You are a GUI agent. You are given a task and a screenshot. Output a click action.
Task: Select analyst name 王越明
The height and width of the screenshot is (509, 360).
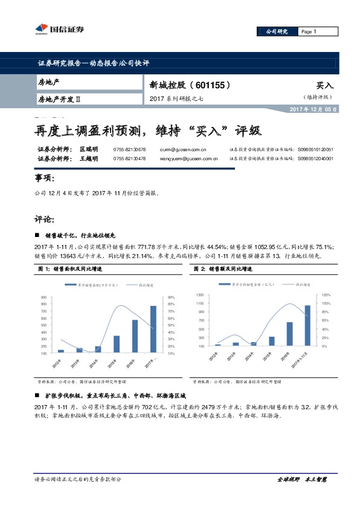point(89,158)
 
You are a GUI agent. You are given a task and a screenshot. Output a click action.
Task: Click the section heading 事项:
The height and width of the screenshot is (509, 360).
point(45,180)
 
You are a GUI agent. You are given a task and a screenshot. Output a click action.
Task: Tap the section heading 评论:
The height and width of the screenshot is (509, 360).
point(45,219)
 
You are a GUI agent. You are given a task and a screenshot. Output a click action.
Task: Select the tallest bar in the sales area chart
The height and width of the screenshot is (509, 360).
point(153,329)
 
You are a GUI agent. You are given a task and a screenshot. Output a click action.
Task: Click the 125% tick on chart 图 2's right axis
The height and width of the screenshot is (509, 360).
point(326,294)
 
